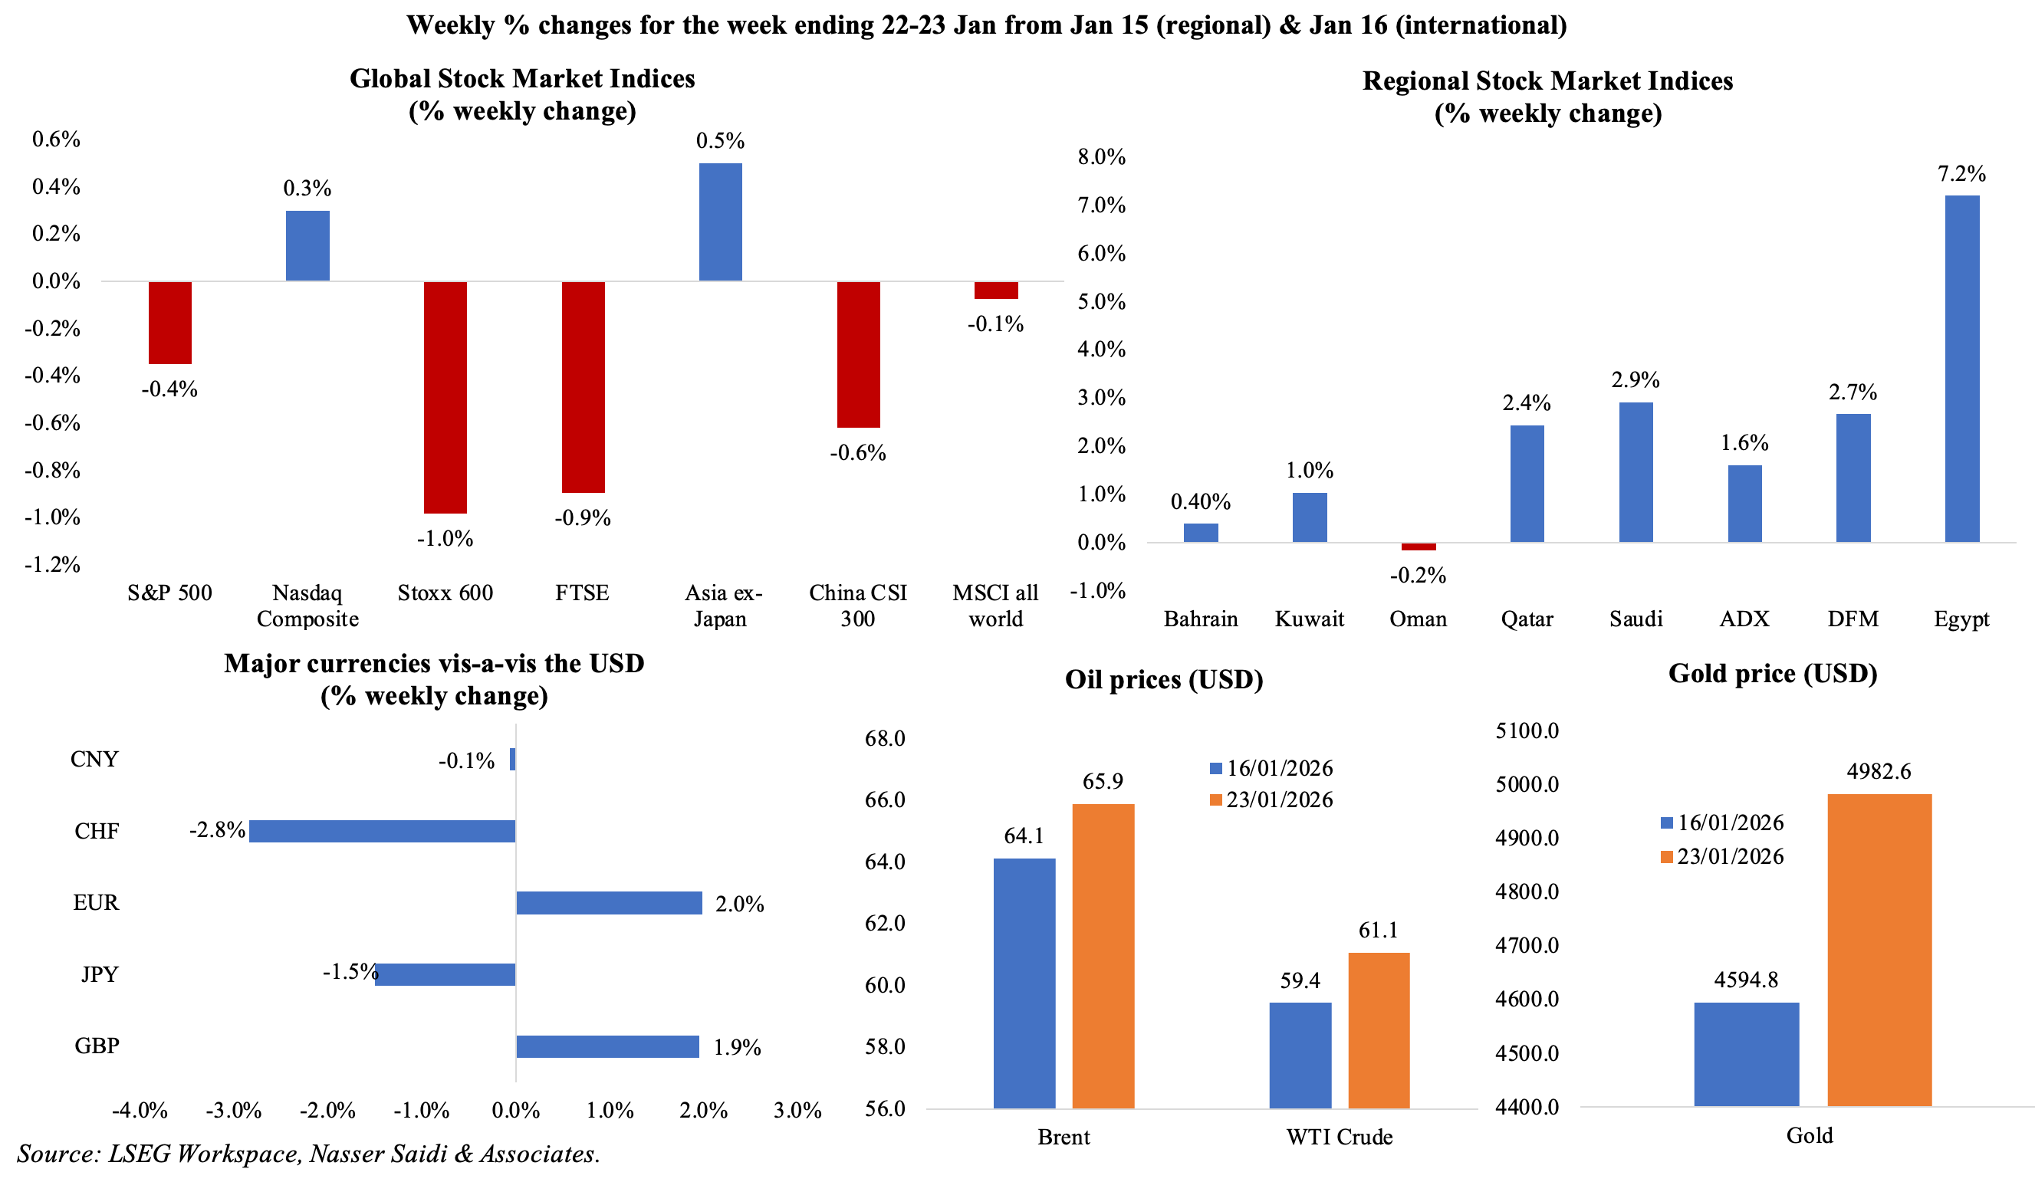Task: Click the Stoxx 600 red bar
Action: tap(445, 397)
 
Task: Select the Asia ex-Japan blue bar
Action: tap(719, 222)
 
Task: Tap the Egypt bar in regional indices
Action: tap(1961, 368)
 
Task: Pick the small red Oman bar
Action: tap(1418, 547)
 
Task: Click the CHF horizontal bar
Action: tap(382, 831)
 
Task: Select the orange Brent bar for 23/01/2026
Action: tap(1103, 956)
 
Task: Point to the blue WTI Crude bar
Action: tap(1300, 1055)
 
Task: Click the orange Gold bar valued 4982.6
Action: tap(1879, 950)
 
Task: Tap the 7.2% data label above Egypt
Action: tap(1961, 173)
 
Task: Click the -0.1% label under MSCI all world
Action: tap(995, 324)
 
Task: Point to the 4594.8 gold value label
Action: tap(1746, 980)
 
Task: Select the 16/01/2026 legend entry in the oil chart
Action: tap(1271, 769)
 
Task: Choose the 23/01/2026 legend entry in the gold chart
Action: tap(1721, 857)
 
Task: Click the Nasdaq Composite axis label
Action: tap(307, 606)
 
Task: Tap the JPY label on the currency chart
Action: tap(100, 974)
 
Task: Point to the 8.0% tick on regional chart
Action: tap(1102, 157)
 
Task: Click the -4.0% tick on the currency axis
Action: tap(140, 1111)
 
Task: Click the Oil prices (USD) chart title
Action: tap(1164, 680)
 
